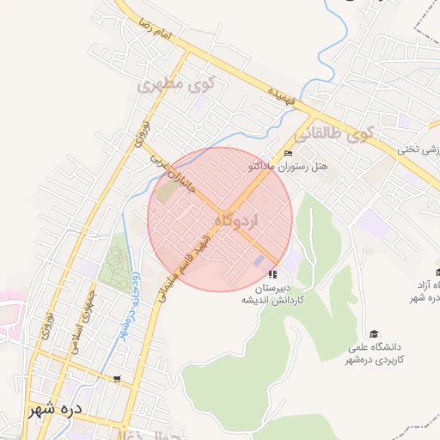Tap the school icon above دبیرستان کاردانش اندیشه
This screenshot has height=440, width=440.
coord(273,273)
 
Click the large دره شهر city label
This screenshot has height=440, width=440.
coord(53,408)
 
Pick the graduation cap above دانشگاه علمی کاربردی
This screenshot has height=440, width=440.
coord(374,333)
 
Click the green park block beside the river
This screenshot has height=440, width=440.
coord(113,267)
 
